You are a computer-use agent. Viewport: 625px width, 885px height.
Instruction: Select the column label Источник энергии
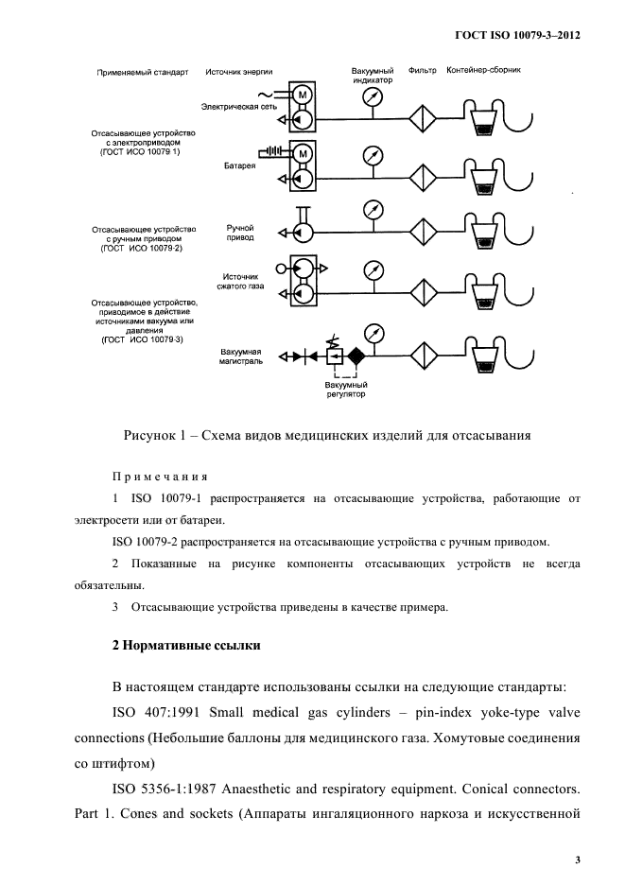click(236, 70)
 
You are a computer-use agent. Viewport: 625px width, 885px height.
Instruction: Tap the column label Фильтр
click(422, 70)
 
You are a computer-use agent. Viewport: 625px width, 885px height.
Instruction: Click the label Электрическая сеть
click(241, 109)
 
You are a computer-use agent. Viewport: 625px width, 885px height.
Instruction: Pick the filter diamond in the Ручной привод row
click(422, 230)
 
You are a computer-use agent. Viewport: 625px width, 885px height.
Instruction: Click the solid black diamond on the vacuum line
click(356, 356)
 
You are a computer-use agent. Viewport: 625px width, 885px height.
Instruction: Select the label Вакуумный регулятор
click(345, 390)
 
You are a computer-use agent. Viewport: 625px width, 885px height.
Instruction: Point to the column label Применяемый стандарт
click(144, 70)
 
